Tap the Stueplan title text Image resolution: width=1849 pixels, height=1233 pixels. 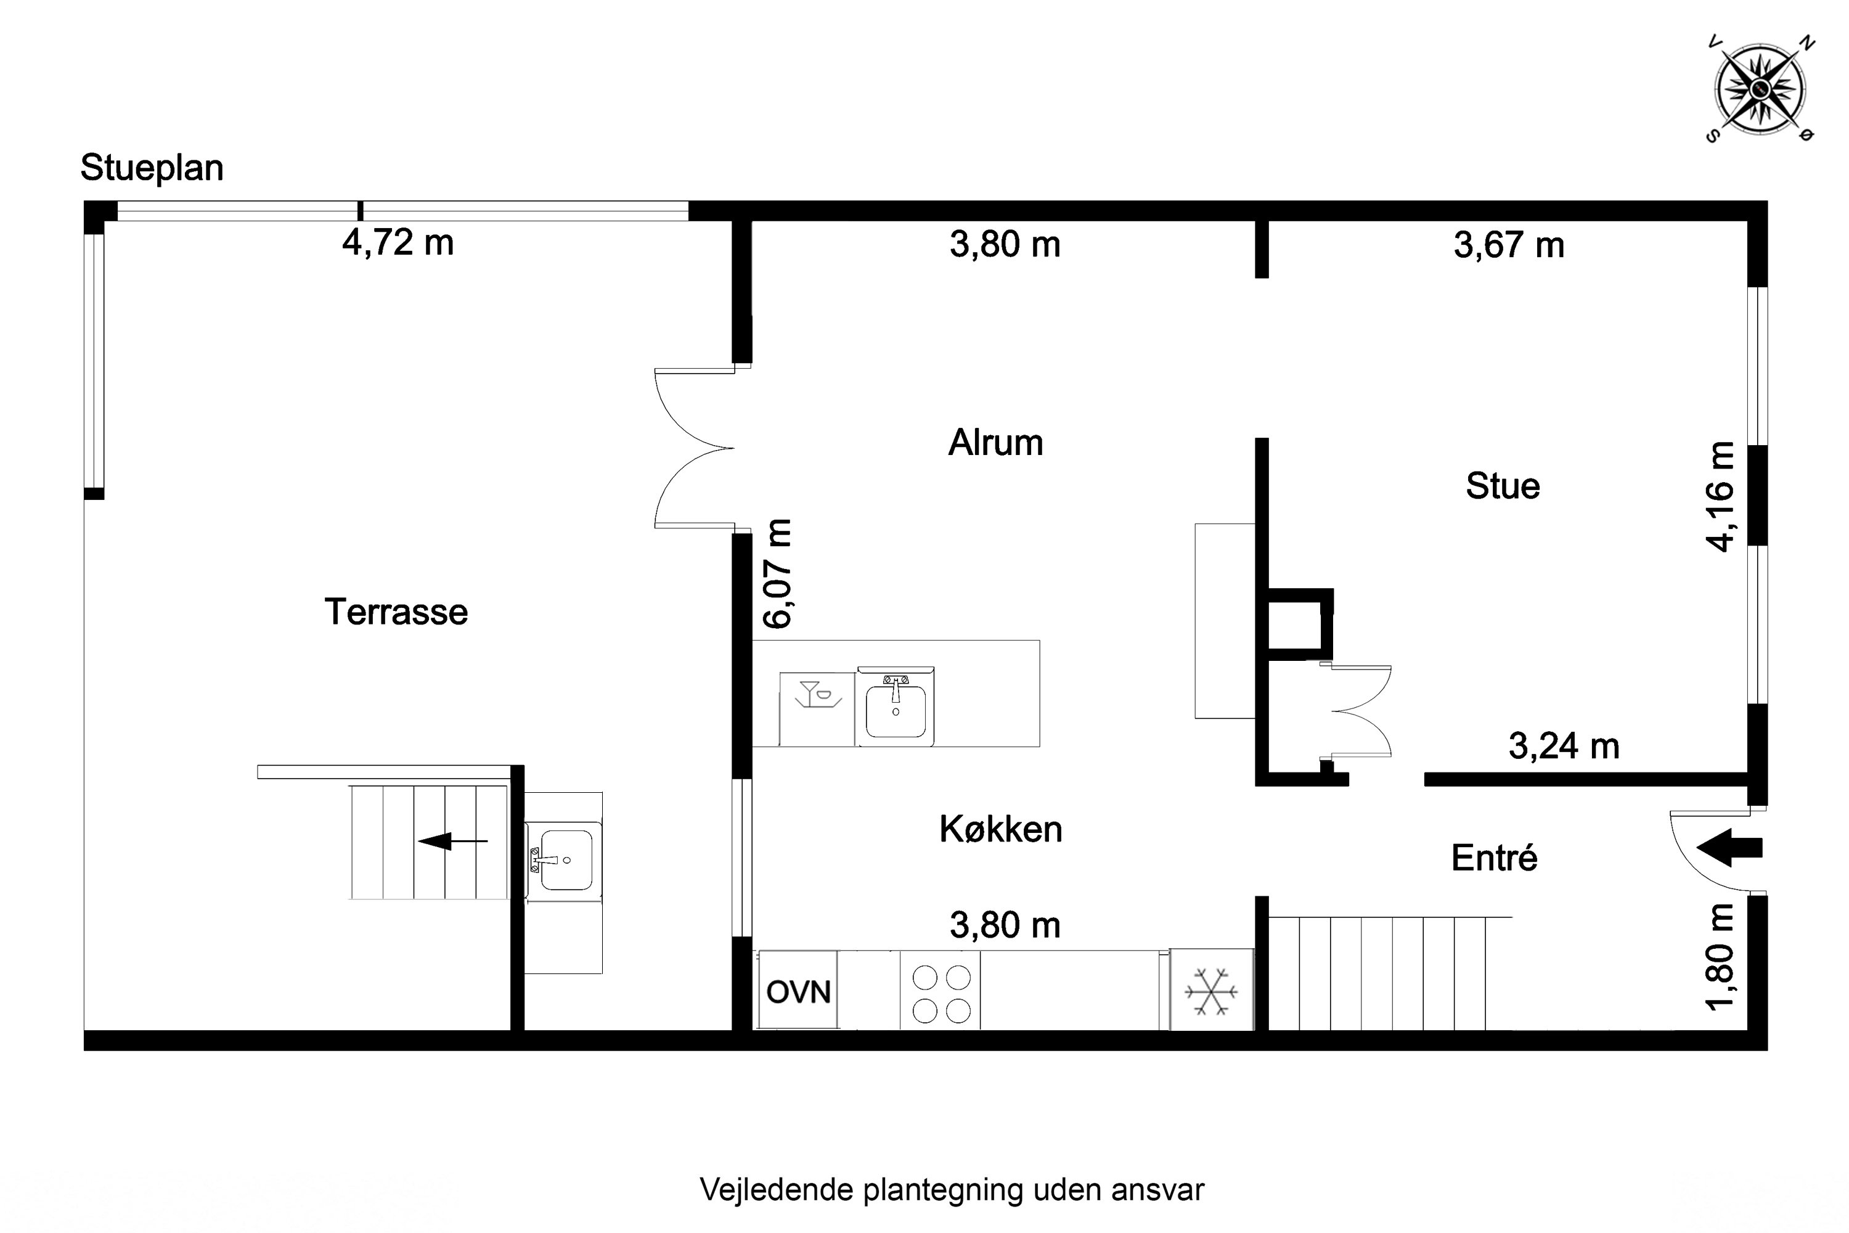click(152, 168)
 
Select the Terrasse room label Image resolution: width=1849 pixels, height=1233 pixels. click(396, 612)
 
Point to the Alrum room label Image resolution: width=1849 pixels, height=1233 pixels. click(995, 443)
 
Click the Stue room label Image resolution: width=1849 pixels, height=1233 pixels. click(1503, 486)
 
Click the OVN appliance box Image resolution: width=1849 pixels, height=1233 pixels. click(798, 990)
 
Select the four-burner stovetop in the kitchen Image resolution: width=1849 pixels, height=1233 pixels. click(941, 993)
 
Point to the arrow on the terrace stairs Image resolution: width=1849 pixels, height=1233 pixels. click(453, 842)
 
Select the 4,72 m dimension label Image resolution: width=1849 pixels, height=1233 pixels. click(398, 243)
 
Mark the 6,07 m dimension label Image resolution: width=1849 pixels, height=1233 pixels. click(777, 573)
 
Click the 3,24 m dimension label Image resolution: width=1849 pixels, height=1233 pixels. click(1564, 746)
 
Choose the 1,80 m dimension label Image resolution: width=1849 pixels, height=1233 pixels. click(1720, 956)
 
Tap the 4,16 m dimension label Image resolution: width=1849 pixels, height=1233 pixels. click(1720, 497)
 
